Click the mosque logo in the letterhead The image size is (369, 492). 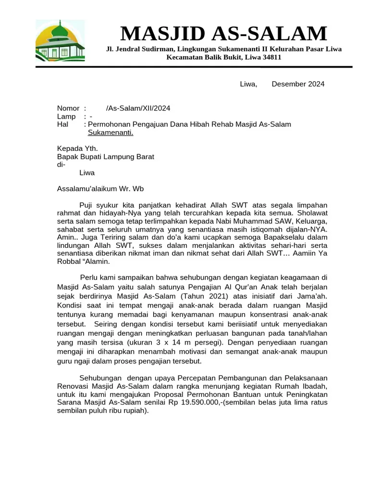click(60, 41)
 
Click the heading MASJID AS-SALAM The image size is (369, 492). click(223, 34)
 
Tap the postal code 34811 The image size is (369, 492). click(271, 57)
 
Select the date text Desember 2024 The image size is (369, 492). click(298, 84)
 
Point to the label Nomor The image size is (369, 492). click(68, 109)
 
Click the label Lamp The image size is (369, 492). click(66, 117)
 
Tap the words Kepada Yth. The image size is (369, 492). click(77, 148)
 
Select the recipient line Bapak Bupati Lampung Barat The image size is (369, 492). click(106, 157)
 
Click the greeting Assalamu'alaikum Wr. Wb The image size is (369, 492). click(100, 189)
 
